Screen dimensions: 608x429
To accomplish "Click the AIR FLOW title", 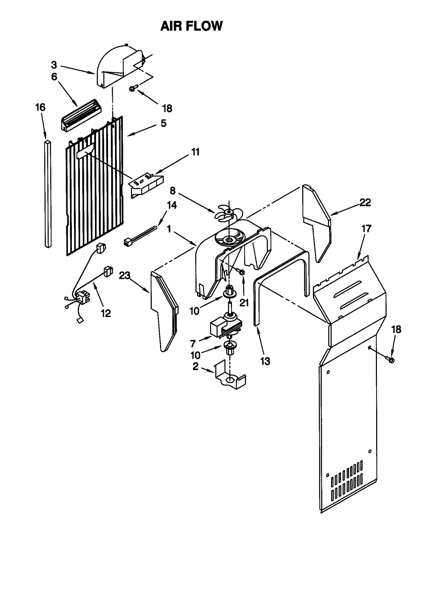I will pos(191,26).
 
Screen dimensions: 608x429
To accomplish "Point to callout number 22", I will pos(365,202).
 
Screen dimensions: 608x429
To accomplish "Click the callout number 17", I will pos(366,229).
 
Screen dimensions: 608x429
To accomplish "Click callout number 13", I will pos(265,361).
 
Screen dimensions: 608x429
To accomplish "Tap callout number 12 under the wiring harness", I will pos(106,313).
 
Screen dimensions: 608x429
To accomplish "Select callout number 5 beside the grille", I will pos(163,123).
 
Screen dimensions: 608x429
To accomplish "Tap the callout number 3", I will pos(54,65).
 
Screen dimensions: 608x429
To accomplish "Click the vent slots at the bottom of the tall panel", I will pos(347,486).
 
